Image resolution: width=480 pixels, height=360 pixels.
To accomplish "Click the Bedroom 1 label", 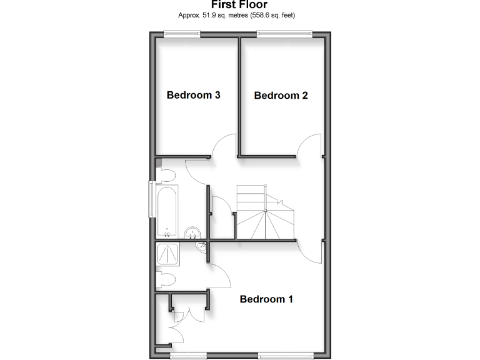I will coord(266,299).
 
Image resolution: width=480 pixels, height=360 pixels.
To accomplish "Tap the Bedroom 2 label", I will coord(281,96).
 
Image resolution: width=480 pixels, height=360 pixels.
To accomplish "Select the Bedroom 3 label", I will coord(193,96).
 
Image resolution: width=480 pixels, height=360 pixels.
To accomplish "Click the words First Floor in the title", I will coord(239,4).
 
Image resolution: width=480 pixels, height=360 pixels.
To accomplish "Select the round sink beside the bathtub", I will coord(194,234).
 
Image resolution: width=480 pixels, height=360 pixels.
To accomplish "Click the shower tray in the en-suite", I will coord(169,254).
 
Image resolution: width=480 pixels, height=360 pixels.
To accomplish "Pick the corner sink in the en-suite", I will coord(202,248).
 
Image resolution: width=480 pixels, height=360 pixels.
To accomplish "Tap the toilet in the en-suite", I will coord(165,279).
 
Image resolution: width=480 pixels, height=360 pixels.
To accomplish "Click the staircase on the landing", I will coord(266,216).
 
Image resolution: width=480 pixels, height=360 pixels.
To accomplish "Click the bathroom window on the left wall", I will coord(151,199).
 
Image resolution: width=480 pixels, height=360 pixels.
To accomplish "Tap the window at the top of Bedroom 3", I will coord(182,34).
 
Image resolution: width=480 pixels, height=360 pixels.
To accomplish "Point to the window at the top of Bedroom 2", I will coord(284,34).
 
